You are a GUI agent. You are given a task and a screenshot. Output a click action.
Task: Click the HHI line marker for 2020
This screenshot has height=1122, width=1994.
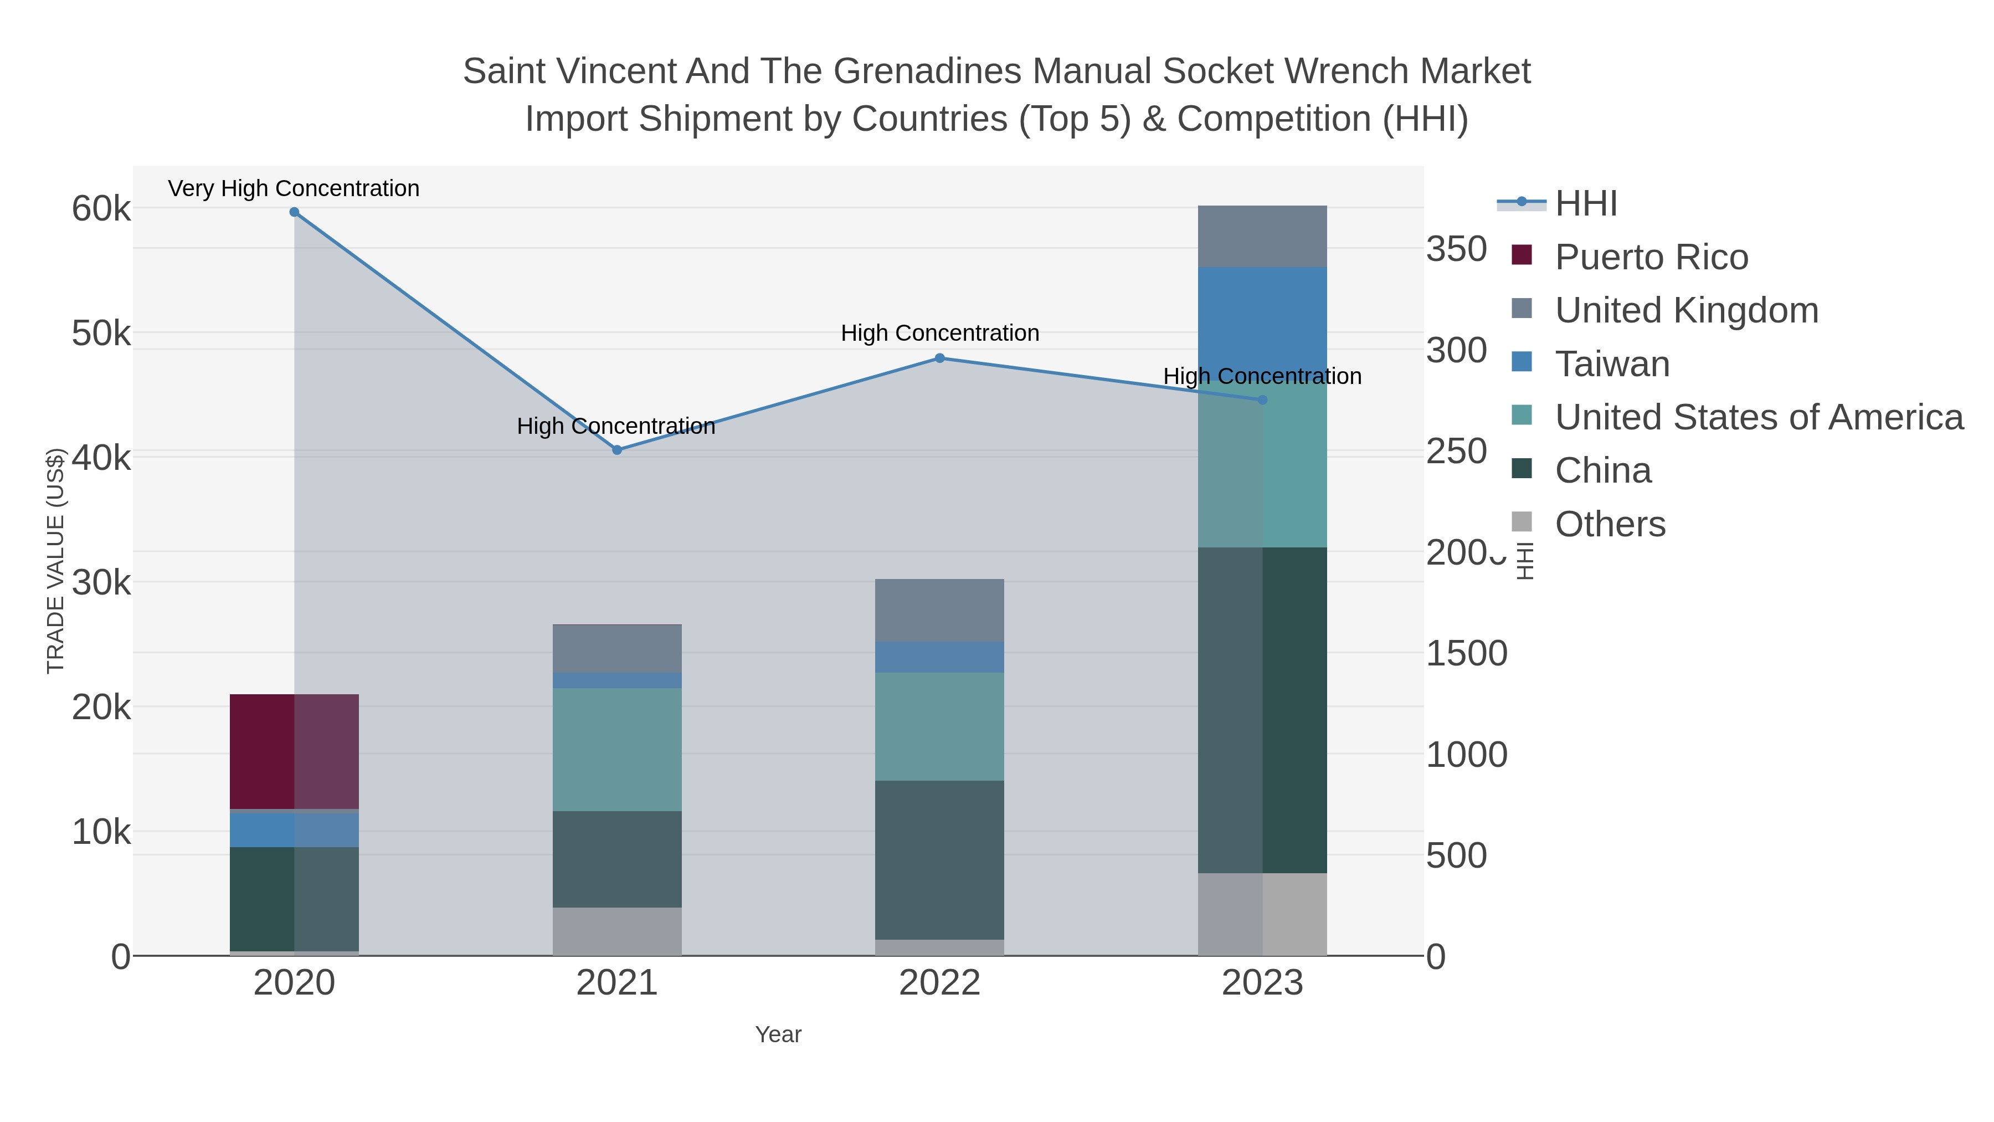[294, 212]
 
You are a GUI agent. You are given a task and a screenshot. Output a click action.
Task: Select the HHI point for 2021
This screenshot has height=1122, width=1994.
[617, 450]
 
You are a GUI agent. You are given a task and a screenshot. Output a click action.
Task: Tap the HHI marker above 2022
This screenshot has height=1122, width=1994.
[940, 358]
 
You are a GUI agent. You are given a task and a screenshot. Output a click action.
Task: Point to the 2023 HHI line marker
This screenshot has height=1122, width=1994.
[1262, 399]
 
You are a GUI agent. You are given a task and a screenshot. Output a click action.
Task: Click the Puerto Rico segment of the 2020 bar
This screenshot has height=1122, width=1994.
[294, 751]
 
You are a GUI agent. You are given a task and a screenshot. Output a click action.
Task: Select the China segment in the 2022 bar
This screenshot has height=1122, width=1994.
[940, 859]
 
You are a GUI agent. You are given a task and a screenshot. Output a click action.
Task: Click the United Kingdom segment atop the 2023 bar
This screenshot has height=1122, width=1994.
[1262, 236]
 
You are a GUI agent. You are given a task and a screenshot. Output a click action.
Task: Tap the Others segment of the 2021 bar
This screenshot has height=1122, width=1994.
[617, 931]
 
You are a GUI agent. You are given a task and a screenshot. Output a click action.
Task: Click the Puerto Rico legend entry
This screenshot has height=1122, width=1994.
[1651, 257]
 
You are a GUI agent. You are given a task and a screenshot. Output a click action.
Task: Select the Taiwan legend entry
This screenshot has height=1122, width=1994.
[1612, 364]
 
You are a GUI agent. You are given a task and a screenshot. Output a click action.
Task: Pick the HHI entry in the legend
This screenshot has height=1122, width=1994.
[1586, 204]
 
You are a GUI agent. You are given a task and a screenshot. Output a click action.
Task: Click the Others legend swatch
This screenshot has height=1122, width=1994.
[1522, 522]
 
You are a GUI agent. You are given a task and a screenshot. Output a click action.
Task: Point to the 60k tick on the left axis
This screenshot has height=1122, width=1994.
[101, 208]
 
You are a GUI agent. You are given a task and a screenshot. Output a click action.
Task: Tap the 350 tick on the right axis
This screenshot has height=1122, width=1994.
[1456, 249]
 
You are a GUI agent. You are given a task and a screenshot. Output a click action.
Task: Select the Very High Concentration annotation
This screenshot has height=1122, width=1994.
[294, 188]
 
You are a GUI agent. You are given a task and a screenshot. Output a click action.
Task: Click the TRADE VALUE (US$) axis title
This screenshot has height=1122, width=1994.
[56, 561]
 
